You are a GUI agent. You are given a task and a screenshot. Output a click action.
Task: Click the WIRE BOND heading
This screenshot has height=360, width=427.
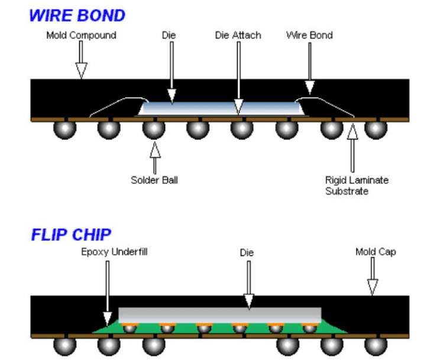point(77,15)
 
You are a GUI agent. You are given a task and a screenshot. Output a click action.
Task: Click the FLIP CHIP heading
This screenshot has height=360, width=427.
point(70,234)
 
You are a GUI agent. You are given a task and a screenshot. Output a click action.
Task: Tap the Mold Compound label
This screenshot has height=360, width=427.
point(81,35)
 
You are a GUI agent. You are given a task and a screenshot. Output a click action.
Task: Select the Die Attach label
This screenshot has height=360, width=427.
point(238,35)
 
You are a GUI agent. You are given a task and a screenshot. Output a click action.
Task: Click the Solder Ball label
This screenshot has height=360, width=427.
point(154,180)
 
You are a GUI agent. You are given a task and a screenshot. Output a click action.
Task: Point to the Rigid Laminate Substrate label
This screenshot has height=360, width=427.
point(357,185)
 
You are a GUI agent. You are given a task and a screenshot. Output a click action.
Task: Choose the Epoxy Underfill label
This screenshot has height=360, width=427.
point(114,252)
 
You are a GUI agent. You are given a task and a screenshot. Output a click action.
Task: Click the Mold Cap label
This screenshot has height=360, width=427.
point(376,252)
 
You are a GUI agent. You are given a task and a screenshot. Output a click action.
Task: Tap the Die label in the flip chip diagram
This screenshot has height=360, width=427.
point(247,252)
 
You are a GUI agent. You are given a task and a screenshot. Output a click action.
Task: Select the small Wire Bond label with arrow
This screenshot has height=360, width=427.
point(309,35)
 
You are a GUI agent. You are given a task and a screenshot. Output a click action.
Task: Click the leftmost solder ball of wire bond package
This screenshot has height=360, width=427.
point(64,129)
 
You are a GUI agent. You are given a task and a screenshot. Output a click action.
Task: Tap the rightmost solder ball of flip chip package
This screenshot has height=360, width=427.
point(373,346)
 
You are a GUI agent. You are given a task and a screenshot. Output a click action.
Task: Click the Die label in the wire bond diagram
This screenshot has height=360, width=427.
point(169,35)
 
